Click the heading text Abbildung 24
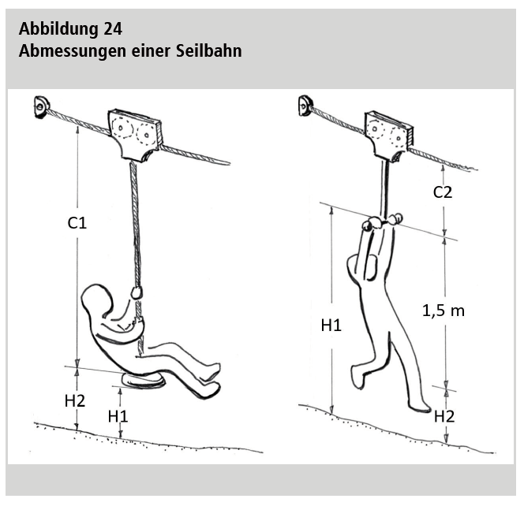(70, 28)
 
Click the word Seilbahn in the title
(209, 51)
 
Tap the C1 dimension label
(77, 223)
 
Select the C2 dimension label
(443, 192)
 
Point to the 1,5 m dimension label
(444, 311)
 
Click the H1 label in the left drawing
(118, 416)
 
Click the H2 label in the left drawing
(75, 400)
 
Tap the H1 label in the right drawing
(331, 326)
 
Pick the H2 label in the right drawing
(444, 417)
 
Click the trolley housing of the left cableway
(135, 134)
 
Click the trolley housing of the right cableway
(389, 136)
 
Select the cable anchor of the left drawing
(42, 106)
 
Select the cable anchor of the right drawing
(305, 105)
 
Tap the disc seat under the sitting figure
(144, 381)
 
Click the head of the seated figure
(97, 301)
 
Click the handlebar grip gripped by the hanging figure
(382, 222)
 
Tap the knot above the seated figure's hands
(137, 292)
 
